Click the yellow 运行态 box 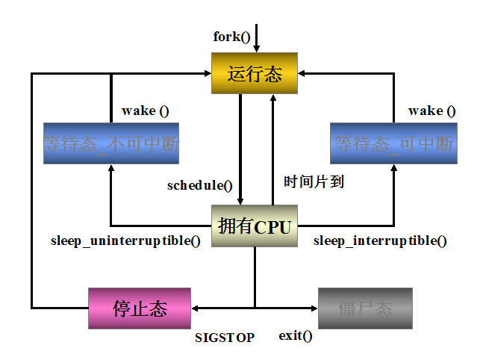click(x=255, y=74)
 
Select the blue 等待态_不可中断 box click(x=111, y=143)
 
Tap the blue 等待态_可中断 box click(x=393, y=143)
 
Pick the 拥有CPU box click(x=255, y=226)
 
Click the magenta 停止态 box click(x=140, y=308)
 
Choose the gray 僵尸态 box click(x=365, y=308)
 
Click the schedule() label click(x=200, y=185)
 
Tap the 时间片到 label click(x=314, y=181)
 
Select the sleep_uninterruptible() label click(x=125, y=241)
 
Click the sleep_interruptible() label click(x=380, y=241)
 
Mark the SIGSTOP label click(x=225, y=338)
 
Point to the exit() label click(x=296, y=336)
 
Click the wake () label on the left click(x=145, y=111)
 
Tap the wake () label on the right click(x=431, y=111)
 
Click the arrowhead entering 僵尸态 click(x=313, y=308)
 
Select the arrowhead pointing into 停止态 click(x=196, y=308)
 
